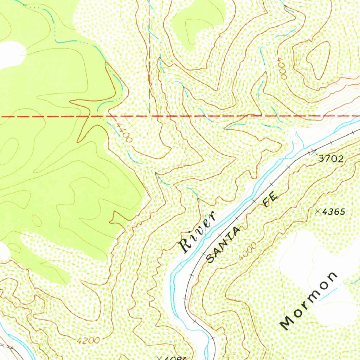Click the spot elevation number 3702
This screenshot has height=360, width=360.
click(331, 159)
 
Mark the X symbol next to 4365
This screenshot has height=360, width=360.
click(319, 211)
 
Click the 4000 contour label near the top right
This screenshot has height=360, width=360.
click(282, 68)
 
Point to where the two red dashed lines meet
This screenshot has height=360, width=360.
click(150, 116)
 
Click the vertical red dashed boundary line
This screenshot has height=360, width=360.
click(150, 53)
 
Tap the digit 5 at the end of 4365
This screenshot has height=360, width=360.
click(342, 212)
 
